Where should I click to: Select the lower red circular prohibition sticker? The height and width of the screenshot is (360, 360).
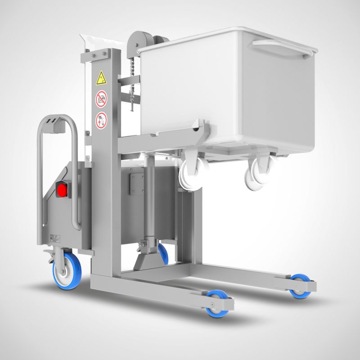[101, 120]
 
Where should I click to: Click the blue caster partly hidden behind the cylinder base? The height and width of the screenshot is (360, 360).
[163, 253]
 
